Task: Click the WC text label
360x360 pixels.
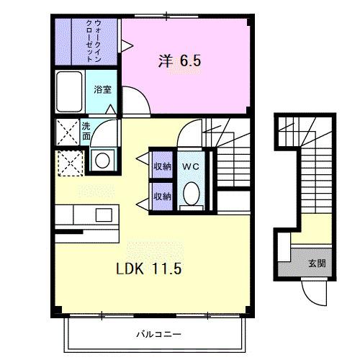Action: click(x=190, y=166)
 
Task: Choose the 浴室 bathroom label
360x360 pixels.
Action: click(x=102, y=90)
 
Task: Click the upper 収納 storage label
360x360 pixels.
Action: click(x=162, y=166)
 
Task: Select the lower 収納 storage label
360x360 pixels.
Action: click(x=162, y=195)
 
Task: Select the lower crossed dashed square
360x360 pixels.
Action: click(x=69, y=164)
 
